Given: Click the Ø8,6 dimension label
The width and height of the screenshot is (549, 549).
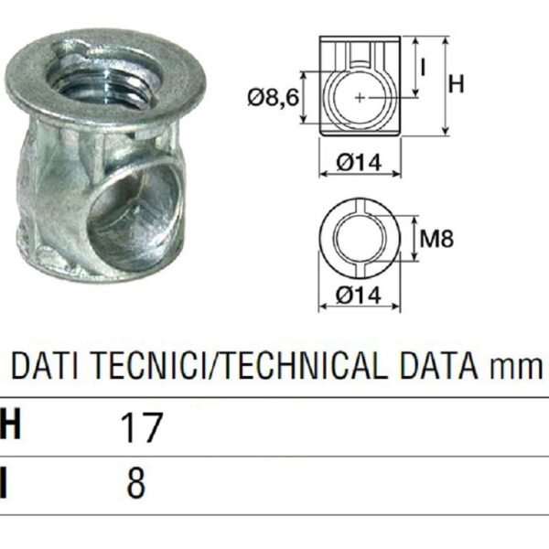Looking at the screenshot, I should click(272, 94).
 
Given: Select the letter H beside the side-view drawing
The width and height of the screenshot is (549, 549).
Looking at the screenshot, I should click(457, 84).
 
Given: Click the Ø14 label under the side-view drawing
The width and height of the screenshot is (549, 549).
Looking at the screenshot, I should click(360, 163).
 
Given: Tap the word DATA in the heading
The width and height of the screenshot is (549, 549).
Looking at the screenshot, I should click(445, 368).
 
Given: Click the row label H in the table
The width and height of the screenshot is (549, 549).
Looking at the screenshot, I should click(10, 426).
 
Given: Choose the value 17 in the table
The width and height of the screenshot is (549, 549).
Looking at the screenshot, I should click(140, 426).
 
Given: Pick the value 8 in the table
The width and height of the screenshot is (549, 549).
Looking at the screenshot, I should click(136, 483).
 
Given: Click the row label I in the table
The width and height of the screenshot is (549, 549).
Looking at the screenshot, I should click(5, 483).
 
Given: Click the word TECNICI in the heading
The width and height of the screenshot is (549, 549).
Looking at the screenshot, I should click(135, 368).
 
